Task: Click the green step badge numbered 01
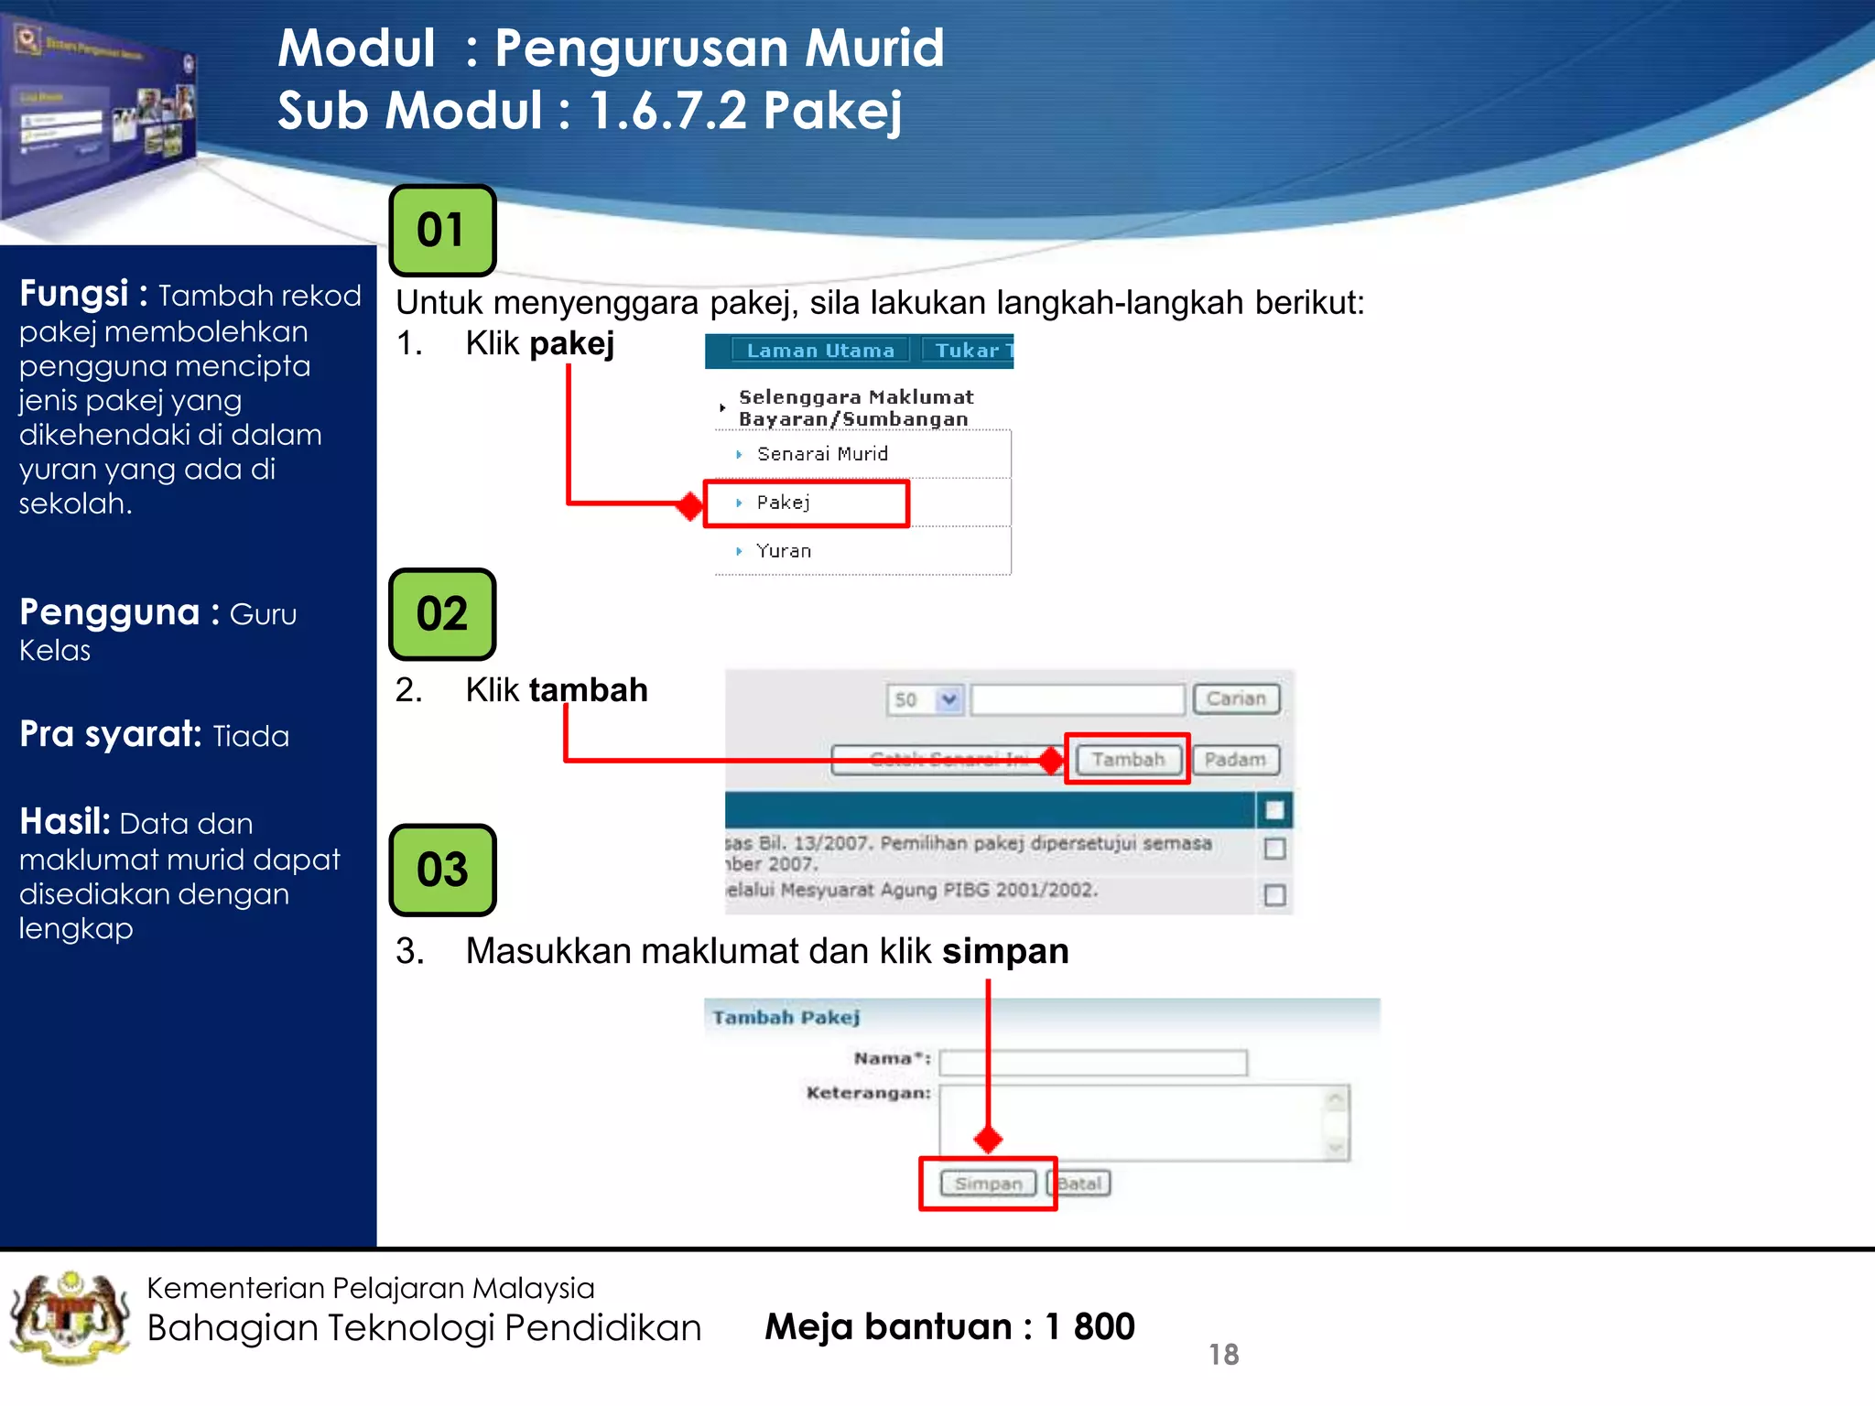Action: click(x=442, y=231)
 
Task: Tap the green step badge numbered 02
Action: click(x=442, y=614)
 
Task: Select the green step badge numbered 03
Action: click(x=442, y=870)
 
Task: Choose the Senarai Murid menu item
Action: click(x=821, y=454)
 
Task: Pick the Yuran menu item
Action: click(x=784, y=551)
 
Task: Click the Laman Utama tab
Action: click(x=819, y=351)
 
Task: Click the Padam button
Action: click(x=1235, y=760)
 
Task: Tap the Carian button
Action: click(x=1235, y=699)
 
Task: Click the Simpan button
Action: click(x=988, y=1184)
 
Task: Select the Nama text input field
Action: click(x=1093, y=1063)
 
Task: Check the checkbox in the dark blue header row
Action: click(x=1274, y=810)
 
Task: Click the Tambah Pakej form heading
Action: click(x=786, y=1018)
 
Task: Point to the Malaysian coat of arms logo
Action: click(x=70, y=1318)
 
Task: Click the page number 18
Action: click(x=1223, y=1355)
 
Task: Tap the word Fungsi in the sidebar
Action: click(x=73, y=294)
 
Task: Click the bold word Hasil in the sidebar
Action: click(x=64, y=822)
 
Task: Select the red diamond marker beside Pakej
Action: click(x=689, y=505)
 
